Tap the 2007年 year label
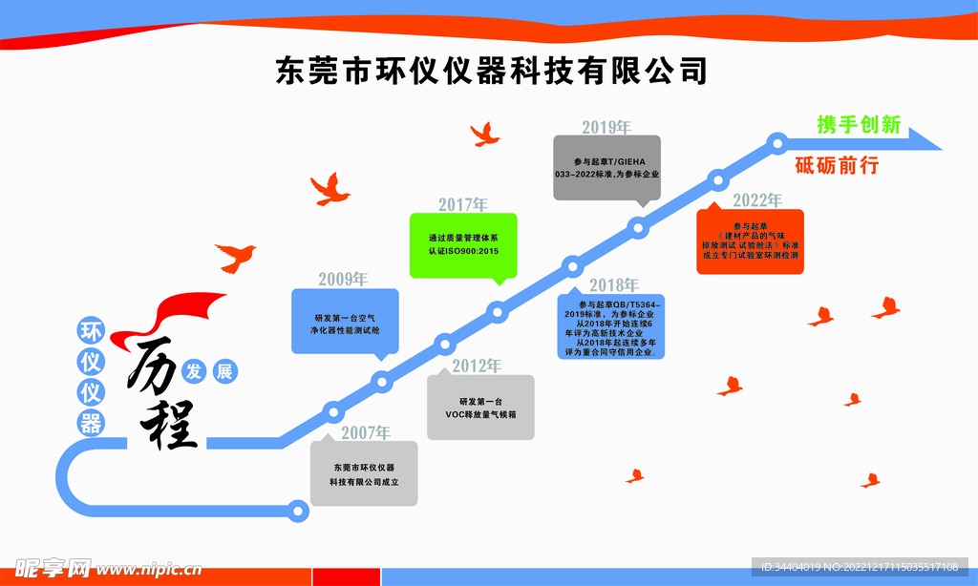pyautogui.click(x=367, y=432)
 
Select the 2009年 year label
pyautogui.click(x=343, y=280)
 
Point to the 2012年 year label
pyautogui.click(x=477, y=366)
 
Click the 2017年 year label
pyautogui.click(x=463, y=204)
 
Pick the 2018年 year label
pyautogui.click(x=613, y=284)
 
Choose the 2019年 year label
pyautogui.click(x=606, y=127)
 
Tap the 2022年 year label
pyautogui.click(x=757, y=200)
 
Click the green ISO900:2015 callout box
pyautogui.click(x=463, y=244)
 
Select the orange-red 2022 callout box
pyautogui.click(x=750, y=241)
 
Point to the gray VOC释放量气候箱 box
pyautogui.click(x=480, y=408)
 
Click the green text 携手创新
pyautogui.click(x=859, y=125)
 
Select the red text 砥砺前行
pyautogui.click(x=837, y=164)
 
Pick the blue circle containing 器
pyautogui.click(x=91, y=422)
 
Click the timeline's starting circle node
pyautogui.click(x=299, y=510)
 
